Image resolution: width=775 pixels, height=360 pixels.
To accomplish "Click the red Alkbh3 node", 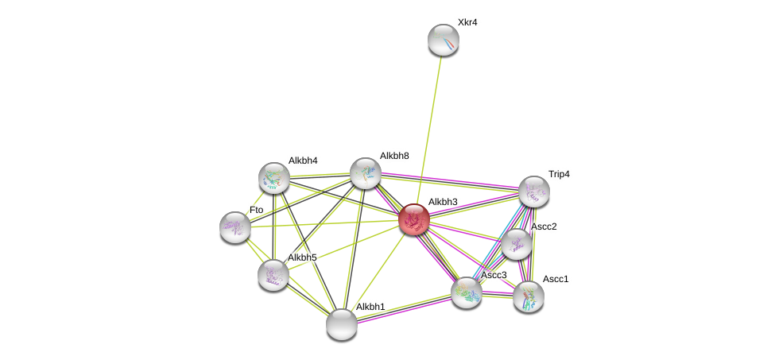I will pyautogui.click(x=414, y=219).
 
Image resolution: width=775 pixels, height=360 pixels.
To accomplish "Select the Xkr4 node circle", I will pyautogui.click(x=444, y=40).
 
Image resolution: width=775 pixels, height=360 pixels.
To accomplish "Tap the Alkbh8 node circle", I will pyautogui.click(x=366, y=173).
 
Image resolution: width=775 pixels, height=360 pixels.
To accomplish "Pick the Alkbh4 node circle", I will pyautogui.click(x=274, y=178).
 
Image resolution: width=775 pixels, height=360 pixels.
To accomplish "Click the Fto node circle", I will pyautogui.click(x=235, y=227).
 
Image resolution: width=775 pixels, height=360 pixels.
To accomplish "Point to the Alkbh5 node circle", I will pyautogui.click(x=273, y=275).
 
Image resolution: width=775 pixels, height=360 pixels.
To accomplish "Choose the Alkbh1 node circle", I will pyautogui.click(x=342, y=324).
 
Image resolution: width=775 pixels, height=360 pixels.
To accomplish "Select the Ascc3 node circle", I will pyautogui.click(x=467, y=292).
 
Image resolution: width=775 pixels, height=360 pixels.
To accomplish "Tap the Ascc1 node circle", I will pyautogui.click(x=529, y=296).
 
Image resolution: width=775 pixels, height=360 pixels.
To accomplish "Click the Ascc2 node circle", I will pyautogui.click(x=517, y=244).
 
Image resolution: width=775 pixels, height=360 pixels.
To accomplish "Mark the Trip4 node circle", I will pyautogui.click(x=534, y=192).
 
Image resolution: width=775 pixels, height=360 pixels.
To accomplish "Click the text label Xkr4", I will pyautogui.click(x=467, y=22).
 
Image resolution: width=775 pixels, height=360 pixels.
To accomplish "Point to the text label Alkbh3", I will pyautogui.click(x=443, y=202).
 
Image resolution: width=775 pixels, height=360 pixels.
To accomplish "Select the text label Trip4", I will pyautogui.click(x=559, y=174).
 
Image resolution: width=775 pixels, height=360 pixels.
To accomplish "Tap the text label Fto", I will pyautogui.click(x=256, y=210).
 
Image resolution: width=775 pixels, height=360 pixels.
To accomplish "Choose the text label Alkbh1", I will pyautogui.click(x=370, y=307).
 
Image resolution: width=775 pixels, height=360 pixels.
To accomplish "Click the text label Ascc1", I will pyautogui.click(x=556, y=279).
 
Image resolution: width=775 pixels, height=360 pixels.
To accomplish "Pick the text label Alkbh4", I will pyautogui.click(x=303, y=161).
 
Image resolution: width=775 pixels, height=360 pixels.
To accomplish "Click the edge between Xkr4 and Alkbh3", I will pyautogui.click(x=429, y=127).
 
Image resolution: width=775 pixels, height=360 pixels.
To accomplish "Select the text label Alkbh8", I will pyautogui.click(x=394, y=156).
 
